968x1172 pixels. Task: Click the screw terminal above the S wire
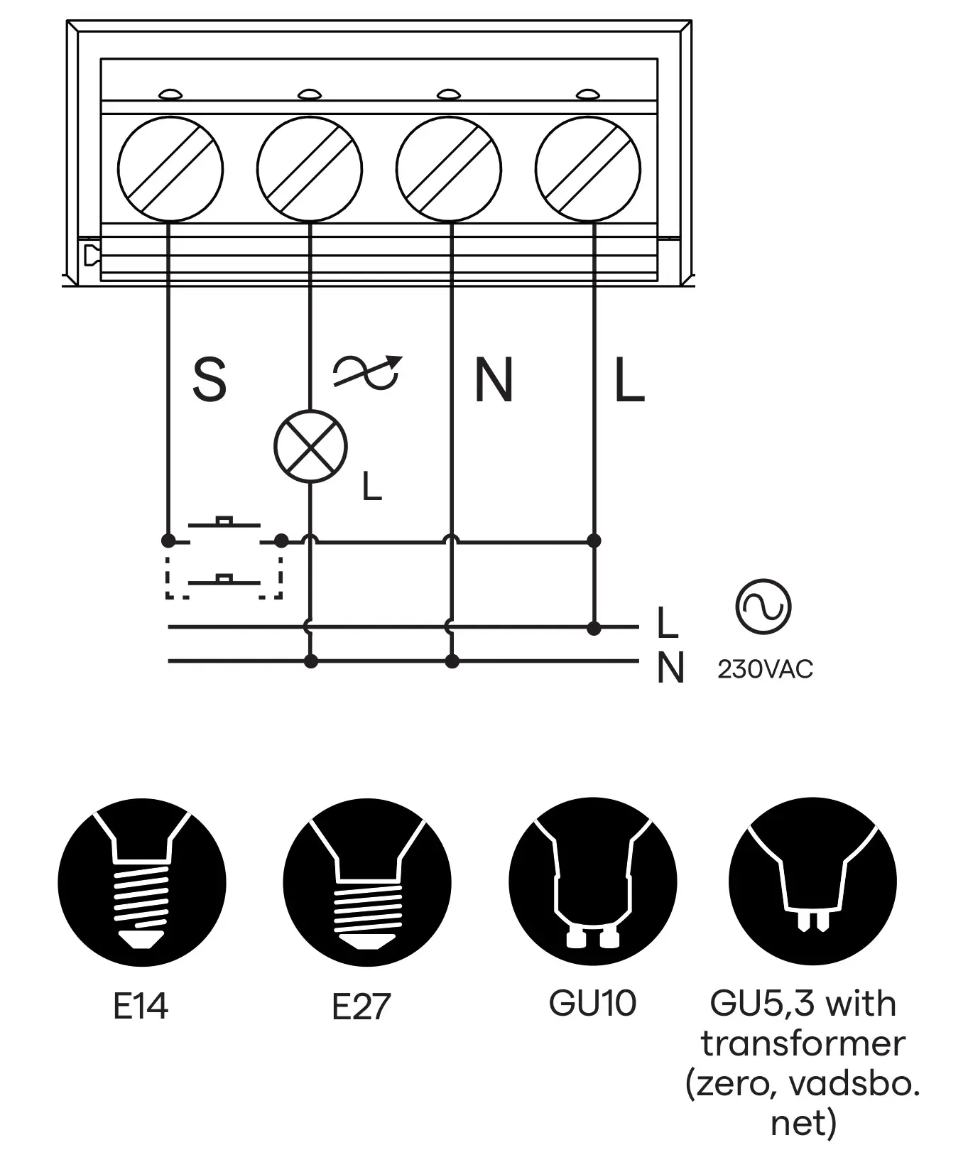[x=170, y=169]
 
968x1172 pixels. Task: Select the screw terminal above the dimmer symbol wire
[x=310, y=169]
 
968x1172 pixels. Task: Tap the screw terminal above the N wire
[x=449, y=169]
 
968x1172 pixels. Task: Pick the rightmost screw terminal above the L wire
[x=588, y=169]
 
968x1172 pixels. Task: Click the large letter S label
[x=210, y=380]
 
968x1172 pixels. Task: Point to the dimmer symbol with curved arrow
[x=367, y=371]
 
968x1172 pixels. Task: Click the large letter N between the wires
[x=494, y=380]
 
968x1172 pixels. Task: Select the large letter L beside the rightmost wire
[x=629, y=380]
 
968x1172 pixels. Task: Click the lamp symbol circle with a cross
[x=310, y=447]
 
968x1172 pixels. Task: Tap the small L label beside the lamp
[x=371, y=487]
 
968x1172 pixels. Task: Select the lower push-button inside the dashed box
[x=224, y=579]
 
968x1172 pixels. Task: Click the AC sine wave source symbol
[x=763, y=607]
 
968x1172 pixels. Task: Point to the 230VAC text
[x=765, y=669]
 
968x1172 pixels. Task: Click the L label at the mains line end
[x=668, y=623]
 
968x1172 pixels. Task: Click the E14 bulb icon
[x=142, y=882]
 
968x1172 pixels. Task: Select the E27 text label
[x=361, y=1006]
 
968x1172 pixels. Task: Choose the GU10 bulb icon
[x=592, y=882]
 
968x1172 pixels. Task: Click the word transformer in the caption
[x=803, y=1043]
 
